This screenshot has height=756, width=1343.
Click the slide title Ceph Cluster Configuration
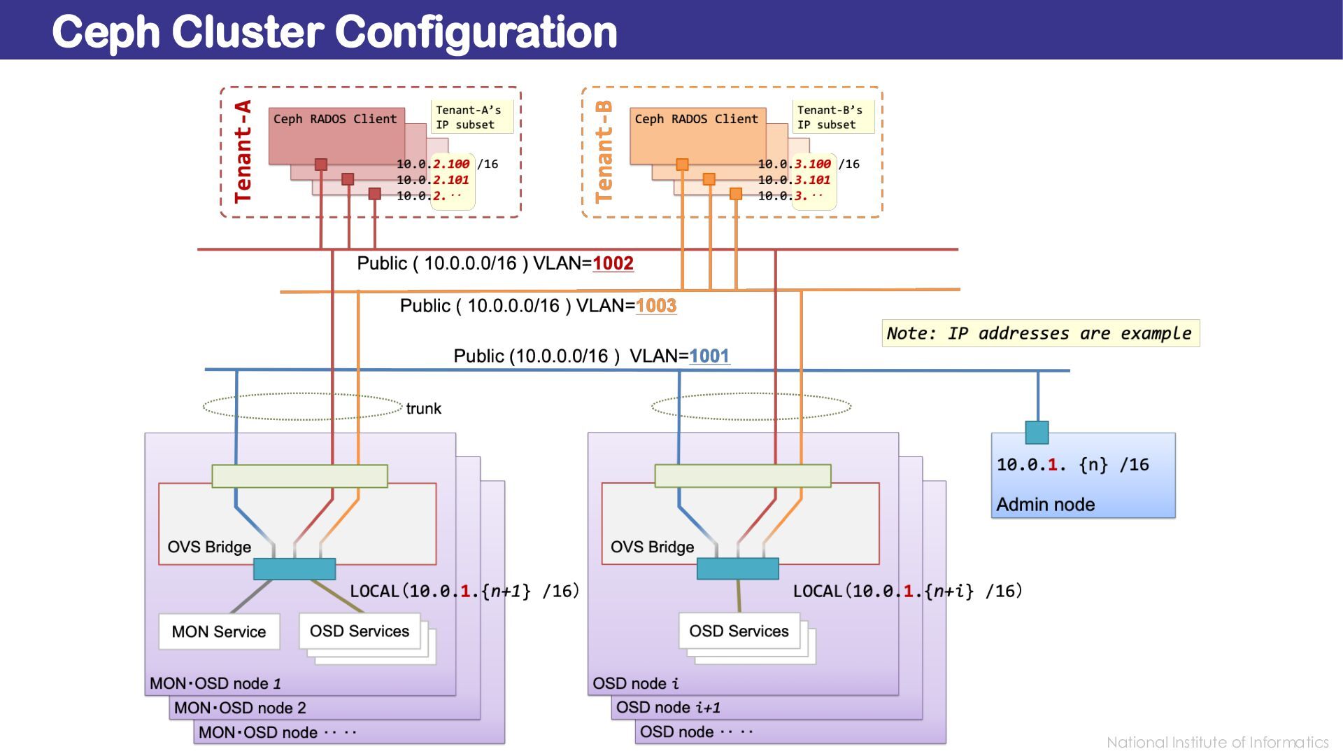334,31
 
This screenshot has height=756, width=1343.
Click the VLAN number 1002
613,263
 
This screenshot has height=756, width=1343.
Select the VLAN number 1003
656,306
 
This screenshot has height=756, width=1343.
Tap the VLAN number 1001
709,356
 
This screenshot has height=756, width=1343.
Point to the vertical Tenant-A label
243,152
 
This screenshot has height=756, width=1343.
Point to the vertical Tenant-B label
604,152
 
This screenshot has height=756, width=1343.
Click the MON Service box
219,631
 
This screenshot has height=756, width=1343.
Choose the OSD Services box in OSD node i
739,631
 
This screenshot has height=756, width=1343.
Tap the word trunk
423,409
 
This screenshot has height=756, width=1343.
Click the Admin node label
1045,504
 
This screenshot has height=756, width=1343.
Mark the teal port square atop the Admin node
1037,432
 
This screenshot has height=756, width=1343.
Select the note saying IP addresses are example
1039,333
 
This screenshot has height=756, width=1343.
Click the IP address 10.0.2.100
433,164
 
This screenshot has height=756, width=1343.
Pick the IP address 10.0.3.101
794,180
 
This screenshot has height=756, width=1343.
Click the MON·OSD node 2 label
240,708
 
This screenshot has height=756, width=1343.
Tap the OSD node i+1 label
668,708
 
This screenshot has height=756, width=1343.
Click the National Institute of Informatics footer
1217,742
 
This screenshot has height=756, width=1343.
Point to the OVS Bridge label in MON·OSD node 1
209,547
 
